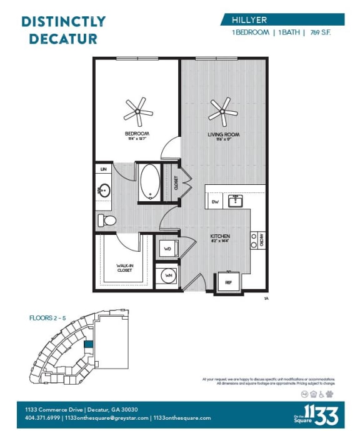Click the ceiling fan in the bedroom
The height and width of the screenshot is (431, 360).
(137, 112)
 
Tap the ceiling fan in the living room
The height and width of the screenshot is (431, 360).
(223, 112)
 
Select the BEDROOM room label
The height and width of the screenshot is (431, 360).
(137, 134)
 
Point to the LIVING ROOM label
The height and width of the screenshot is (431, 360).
(224, 134)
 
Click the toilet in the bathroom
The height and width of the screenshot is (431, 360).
(107, 220)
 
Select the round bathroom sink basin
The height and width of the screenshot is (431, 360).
(104, 189)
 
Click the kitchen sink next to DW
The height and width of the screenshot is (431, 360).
(236, 201)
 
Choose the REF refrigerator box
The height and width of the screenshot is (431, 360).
(229, 282)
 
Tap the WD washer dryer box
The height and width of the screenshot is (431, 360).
(167, 249)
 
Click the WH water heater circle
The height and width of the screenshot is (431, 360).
(167, 275)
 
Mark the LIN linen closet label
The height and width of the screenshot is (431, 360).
(103, 169)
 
